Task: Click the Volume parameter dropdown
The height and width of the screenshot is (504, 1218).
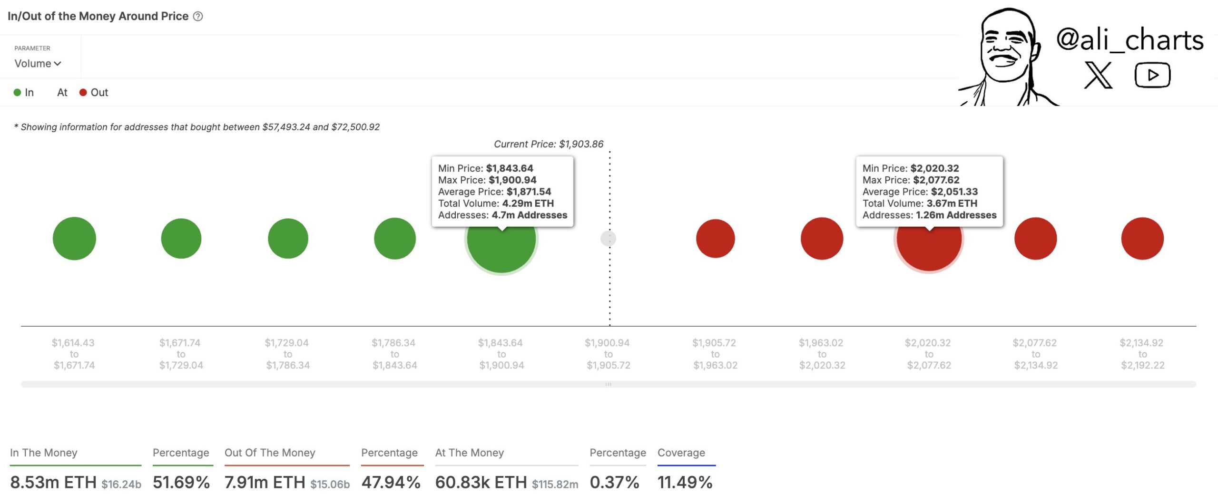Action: pos(38,63)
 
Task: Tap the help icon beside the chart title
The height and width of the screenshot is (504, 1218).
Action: pos(198,17)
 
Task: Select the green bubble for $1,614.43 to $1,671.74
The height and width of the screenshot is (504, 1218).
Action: pos(74,238)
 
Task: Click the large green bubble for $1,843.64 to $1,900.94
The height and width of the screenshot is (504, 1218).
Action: pos(501,247)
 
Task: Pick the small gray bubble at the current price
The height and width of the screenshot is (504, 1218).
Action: pos(609,238)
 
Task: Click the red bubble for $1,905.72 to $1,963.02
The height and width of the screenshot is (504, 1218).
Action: pos(715,238)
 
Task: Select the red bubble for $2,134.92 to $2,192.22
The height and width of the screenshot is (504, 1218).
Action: pos(1142,238)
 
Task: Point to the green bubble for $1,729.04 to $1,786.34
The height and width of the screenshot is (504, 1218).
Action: pos(288,238)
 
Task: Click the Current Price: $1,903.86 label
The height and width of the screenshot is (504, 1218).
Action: pos(549,144)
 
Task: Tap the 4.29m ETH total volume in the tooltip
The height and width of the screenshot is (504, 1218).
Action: pos(528,204)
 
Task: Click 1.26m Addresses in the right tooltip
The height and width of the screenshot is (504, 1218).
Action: pos(956,215)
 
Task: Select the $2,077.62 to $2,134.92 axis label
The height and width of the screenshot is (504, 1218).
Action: pos(1035,354)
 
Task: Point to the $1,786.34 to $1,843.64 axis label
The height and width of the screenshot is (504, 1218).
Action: pos(394,354)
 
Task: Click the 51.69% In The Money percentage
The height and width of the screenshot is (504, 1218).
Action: pos(181,482)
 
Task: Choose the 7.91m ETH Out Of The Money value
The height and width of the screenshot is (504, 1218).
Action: pos(265,482)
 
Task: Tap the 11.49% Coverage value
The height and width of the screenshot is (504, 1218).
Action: pos(685,482)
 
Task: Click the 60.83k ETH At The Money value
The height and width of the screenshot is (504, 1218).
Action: pos(481,482)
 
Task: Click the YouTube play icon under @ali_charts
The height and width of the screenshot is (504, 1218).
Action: pos(1152,75)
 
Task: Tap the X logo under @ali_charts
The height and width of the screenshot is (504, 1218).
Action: pos(1098,75)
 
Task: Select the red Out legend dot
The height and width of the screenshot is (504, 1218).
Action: pos(83,93)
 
